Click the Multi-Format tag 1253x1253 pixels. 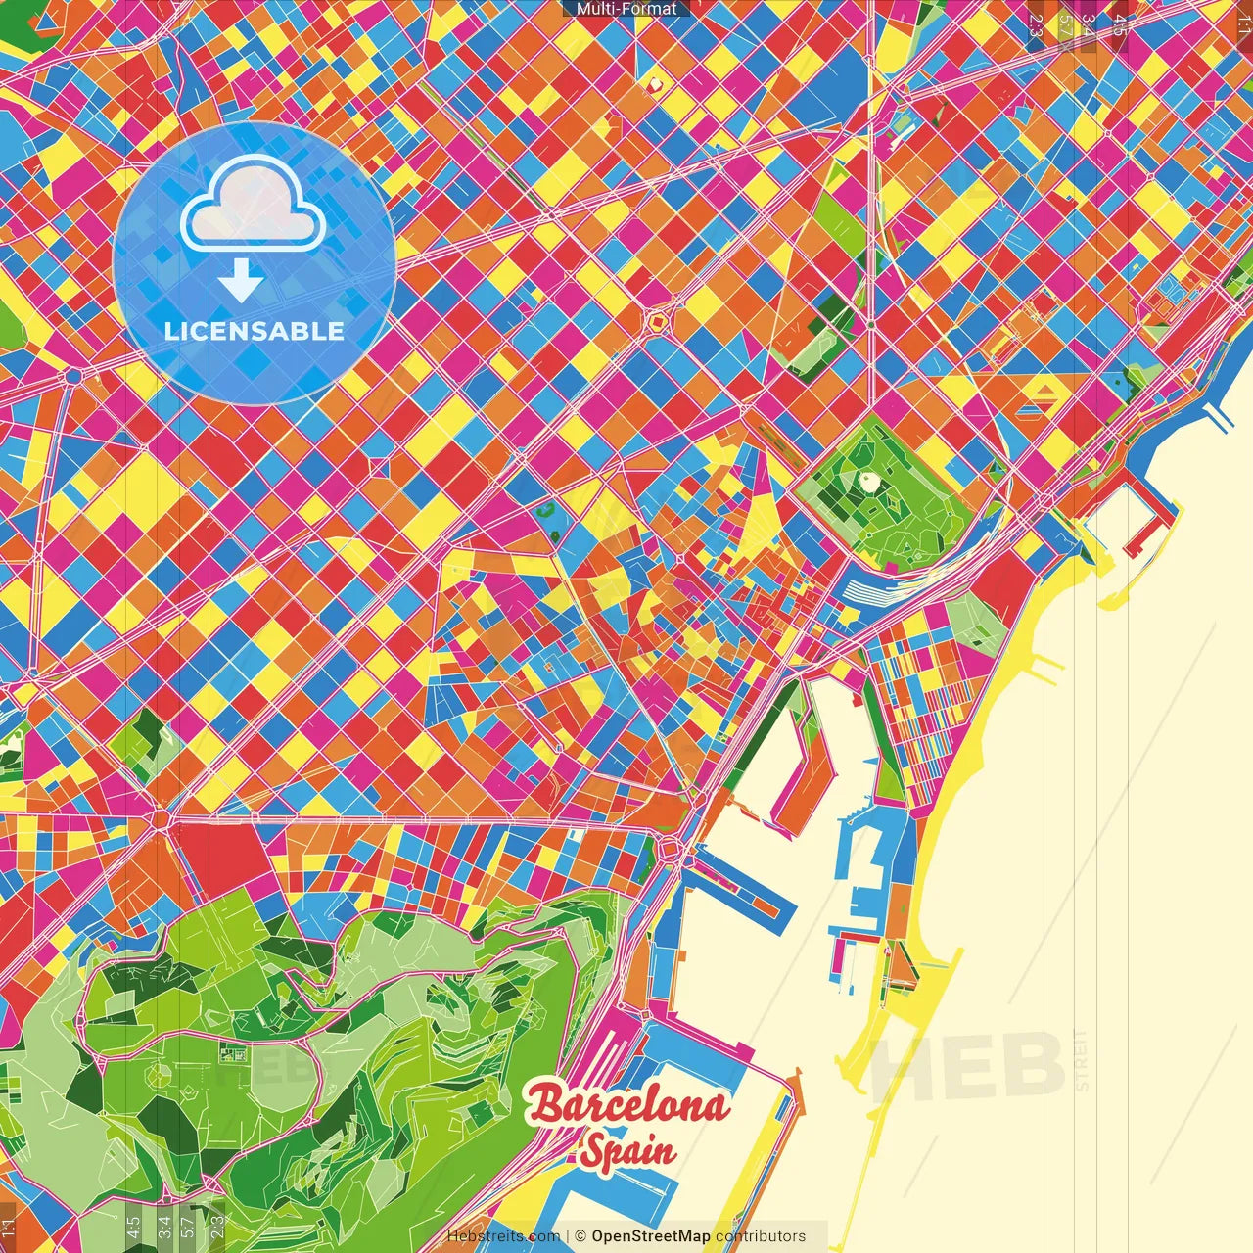click(x=626, y=9)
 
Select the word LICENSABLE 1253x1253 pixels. click(x=255, y=331)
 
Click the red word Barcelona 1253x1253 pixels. click(x=628, y=1106)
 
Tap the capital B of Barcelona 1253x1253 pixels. click(x=546, y=1105)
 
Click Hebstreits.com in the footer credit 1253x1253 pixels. click(x=503, y=1236)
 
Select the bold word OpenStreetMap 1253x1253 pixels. click(x=651, y=1236)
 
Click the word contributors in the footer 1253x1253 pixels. click(x=761, y=1236)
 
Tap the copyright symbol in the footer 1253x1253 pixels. click(x=580, y=1236)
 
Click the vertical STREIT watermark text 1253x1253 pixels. click(x=1081, y=1061)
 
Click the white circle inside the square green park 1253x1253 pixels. click(x=868, y=481)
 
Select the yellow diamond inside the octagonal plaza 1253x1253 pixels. click(x=657, y=319)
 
